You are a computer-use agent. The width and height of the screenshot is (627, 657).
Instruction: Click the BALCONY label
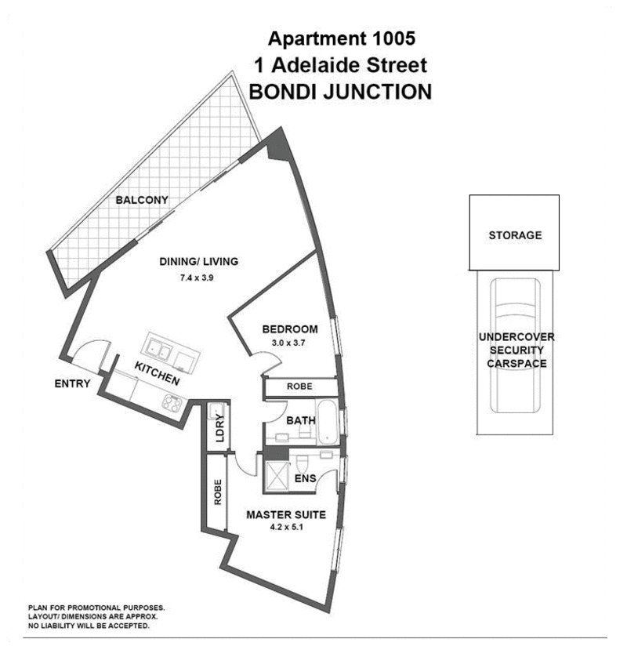[142, 201]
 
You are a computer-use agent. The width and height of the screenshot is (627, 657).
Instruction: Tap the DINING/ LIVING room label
[198, 262]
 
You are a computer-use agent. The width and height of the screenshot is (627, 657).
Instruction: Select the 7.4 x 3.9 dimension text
[198, 279]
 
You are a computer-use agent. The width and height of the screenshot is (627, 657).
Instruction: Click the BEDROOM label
[289, 329]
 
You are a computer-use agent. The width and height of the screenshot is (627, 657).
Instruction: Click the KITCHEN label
[157, 375]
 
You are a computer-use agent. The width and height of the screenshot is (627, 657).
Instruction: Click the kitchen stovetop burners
[172, 404]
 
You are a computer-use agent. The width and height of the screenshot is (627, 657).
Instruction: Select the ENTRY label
[73, 383]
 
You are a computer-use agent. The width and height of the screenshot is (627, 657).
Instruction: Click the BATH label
[300, 421]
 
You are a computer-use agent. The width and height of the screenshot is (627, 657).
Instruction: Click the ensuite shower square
[278, 475]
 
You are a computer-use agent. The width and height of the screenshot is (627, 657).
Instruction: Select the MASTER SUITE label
[286, 515]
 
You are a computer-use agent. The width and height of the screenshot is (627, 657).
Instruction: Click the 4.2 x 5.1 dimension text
[286, 528]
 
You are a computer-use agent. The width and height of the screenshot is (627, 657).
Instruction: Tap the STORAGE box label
[514, 235]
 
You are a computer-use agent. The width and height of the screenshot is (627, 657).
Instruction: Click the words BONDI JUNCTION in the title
[339, 92]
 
